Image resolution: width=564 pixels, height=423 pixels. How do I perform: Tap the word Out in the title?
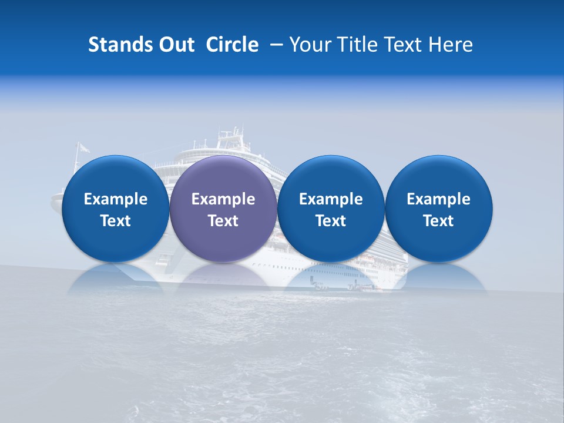tap(175, 45)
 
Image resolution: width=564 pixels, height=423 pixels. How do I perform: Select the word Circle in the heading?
tap(232, 45)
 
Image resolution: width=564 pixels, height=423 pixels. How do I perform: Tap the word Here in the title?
tap(451, 45)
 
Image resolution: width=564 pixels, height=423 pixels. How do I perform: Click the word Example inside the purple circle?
tap(223, 199)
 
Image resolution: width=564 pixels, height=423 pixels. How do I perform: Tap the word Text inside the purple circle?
tap(223, 221)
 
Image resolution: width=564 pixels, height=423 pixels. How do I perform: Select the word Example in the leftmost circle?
tap(115, 199)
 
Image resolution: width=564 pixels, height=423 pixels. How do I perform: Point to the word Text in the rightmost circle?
tap(439, 221)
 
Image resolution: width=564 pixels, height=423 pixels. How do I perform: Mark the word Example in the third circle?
tap(331, 199)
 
